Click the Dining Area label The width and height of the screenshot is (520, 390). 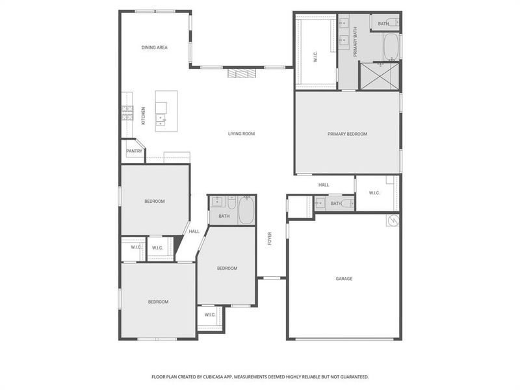[155, 47]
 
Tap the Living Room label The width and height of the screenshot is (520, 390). [241, 134]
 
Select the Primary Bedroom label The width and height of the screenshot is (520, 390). [347, 134]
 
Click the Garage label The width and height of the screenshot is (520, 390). [344, 279]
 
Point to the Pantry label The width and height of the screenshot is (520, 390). [134, 151]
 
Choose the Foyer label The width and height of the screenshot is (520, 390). [270, 239]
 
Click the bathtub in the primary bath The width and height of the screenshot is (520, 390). [391, 47]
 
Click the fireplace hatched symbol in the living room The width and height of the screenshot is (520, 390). [239, 73]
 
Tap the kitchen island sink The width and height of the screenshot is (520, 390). [160, 120]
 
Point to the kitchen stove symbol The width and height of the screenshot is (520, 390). [126, 114]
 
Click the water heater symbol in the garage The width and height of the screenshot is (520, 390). [393, 221]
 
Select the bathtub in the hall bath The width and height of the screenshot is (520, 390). [246, 211]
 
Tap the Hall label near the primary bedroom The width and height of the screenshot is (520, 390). [324, 185]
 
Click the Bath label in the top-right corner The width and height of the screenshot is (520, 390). [383, 24]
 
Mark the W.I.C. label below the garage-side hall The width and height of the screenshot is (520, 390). [374, 193]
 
